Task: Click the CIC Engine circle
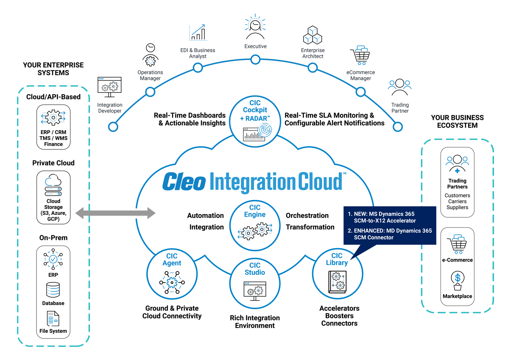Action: pyautogui.click(x=255, y=225)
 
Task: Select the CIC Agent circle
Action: pyautogui.click(x=172, y=274)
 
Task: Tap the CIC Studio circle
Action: pyautogui.click(x=255, y=283)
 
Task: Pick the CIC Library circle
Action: pyautogui.click(x=337, y=274)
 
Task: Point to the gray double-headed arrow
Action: pyautogui.click(x=115, y=213)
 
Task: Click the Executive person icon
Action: pyautogui.click(x=255, y=28)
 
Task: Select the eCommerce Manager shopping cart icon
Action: pyautogui.click(x=361, y=56)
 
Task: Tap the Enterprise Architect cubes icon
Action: pyautogui.click(x=313, y=35)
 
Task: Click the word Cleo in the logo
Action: pyautogui.click(x=184, y=182)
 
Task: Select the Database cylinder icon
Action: pyautogui.click(x=53, y=290)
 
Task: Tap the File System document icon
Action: pyautogui.click(x=53, y=319)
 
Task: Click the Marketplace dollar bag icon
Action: pyautogui.click(x=457, y=281)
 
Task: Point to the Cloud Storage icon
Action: pyautogui.click(x=53, y=185)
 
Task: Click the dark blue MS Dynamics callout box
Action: pyautogui.click(x=390, y=225)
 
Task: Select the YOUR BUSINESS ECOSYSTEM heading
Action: pyautogui.click(x=457, y=122)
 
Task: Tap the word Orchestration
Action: pyautogui.click(x=307, y=216)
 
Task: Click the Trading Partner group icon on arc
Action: pyautogui.click(x=400, y=88)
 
